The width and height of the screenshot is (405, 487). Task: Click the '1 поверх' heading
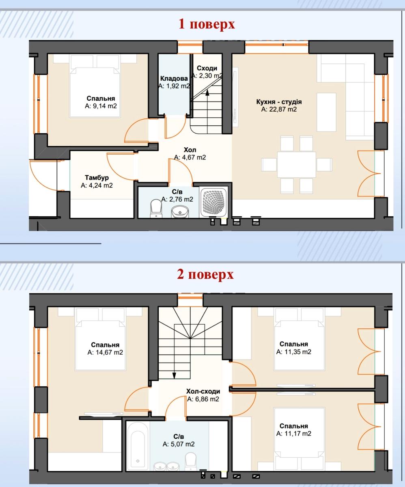tap(207, 24)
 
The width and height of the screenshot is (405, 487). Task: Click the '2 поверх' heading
tap(205, 274)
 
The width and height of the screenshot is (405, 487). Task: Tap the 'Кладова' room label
tap(174, 78)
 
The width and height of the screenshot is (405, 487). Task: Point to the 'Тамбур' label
tap(97, 178)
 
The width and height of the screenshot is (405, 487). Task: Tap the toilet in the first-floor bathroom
tap(156, 208)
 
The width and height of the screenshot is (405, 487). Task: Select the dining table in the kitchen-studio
tap(296, 164)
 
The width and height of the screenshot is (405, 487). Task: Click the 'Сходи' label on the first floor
tap(207, 68)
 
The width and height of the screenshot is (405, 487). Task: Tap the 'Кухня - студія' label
tap(279, 102)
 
